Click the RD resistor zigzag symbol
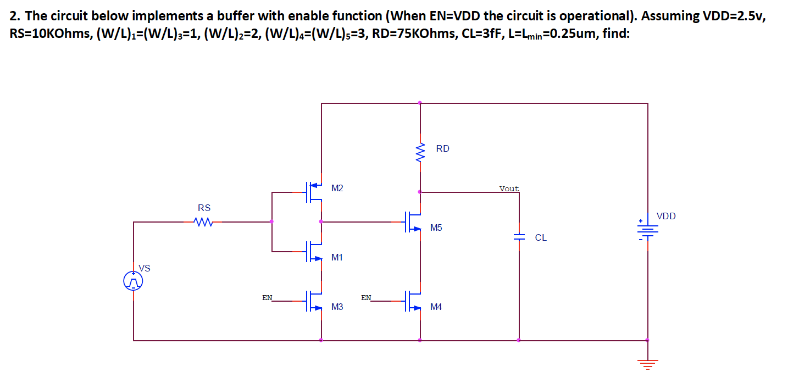coord(420,150)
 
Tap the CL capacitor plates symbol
coord(519,237)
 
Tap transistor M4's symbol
coord(414,301)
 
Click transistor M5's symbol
coord(414,222)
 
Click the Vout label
coord(509,188)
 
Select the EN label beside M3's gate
coord(267,297)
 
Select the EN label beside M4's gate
coord(366,297)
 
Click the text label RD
coord(442,148)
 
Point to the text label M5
coord(436,228)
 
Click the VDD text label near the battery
coord(666,216)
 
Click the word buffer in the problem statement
coord(230,16)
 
